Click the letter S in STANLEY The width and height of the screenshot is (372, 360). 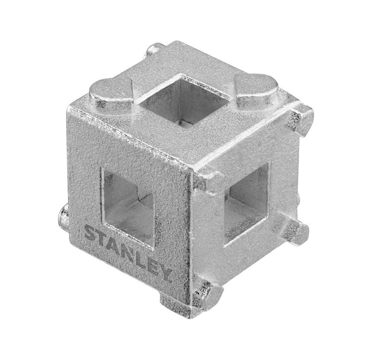tap(91, 234)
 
